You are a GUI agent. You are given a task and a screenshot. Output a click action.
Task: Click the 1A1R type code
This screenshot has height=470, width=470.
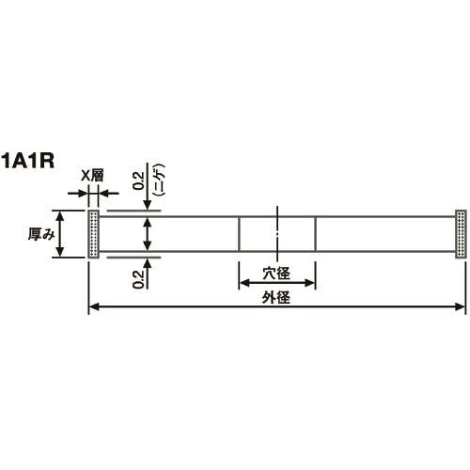point(27,159)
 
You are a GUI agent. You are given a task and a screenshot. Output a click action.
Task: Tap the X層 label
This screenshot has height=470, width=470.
point(93,175)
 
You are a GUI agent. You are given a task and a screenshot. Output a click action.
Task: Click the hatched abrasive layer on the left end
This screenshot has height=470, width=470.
point(93,233)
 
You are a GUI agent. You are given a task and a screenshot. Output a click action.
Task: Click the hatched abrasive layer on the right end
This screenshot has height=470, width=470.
point(461,233)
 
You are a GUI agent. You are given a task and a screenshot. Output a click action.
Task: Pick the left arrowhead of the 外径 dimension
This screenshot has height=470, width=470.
point(93,306)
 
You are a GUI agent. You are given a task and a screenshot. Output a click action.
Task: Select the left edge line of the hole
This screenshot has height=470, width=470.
point(239,234)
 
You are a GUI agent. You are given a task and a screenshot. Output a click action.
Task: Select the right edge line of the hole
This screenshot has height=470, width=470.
point(315,234)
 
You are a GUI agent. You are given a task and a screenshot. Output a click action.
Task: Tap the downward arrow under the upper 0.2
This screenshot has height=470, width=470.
point(147,207)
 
